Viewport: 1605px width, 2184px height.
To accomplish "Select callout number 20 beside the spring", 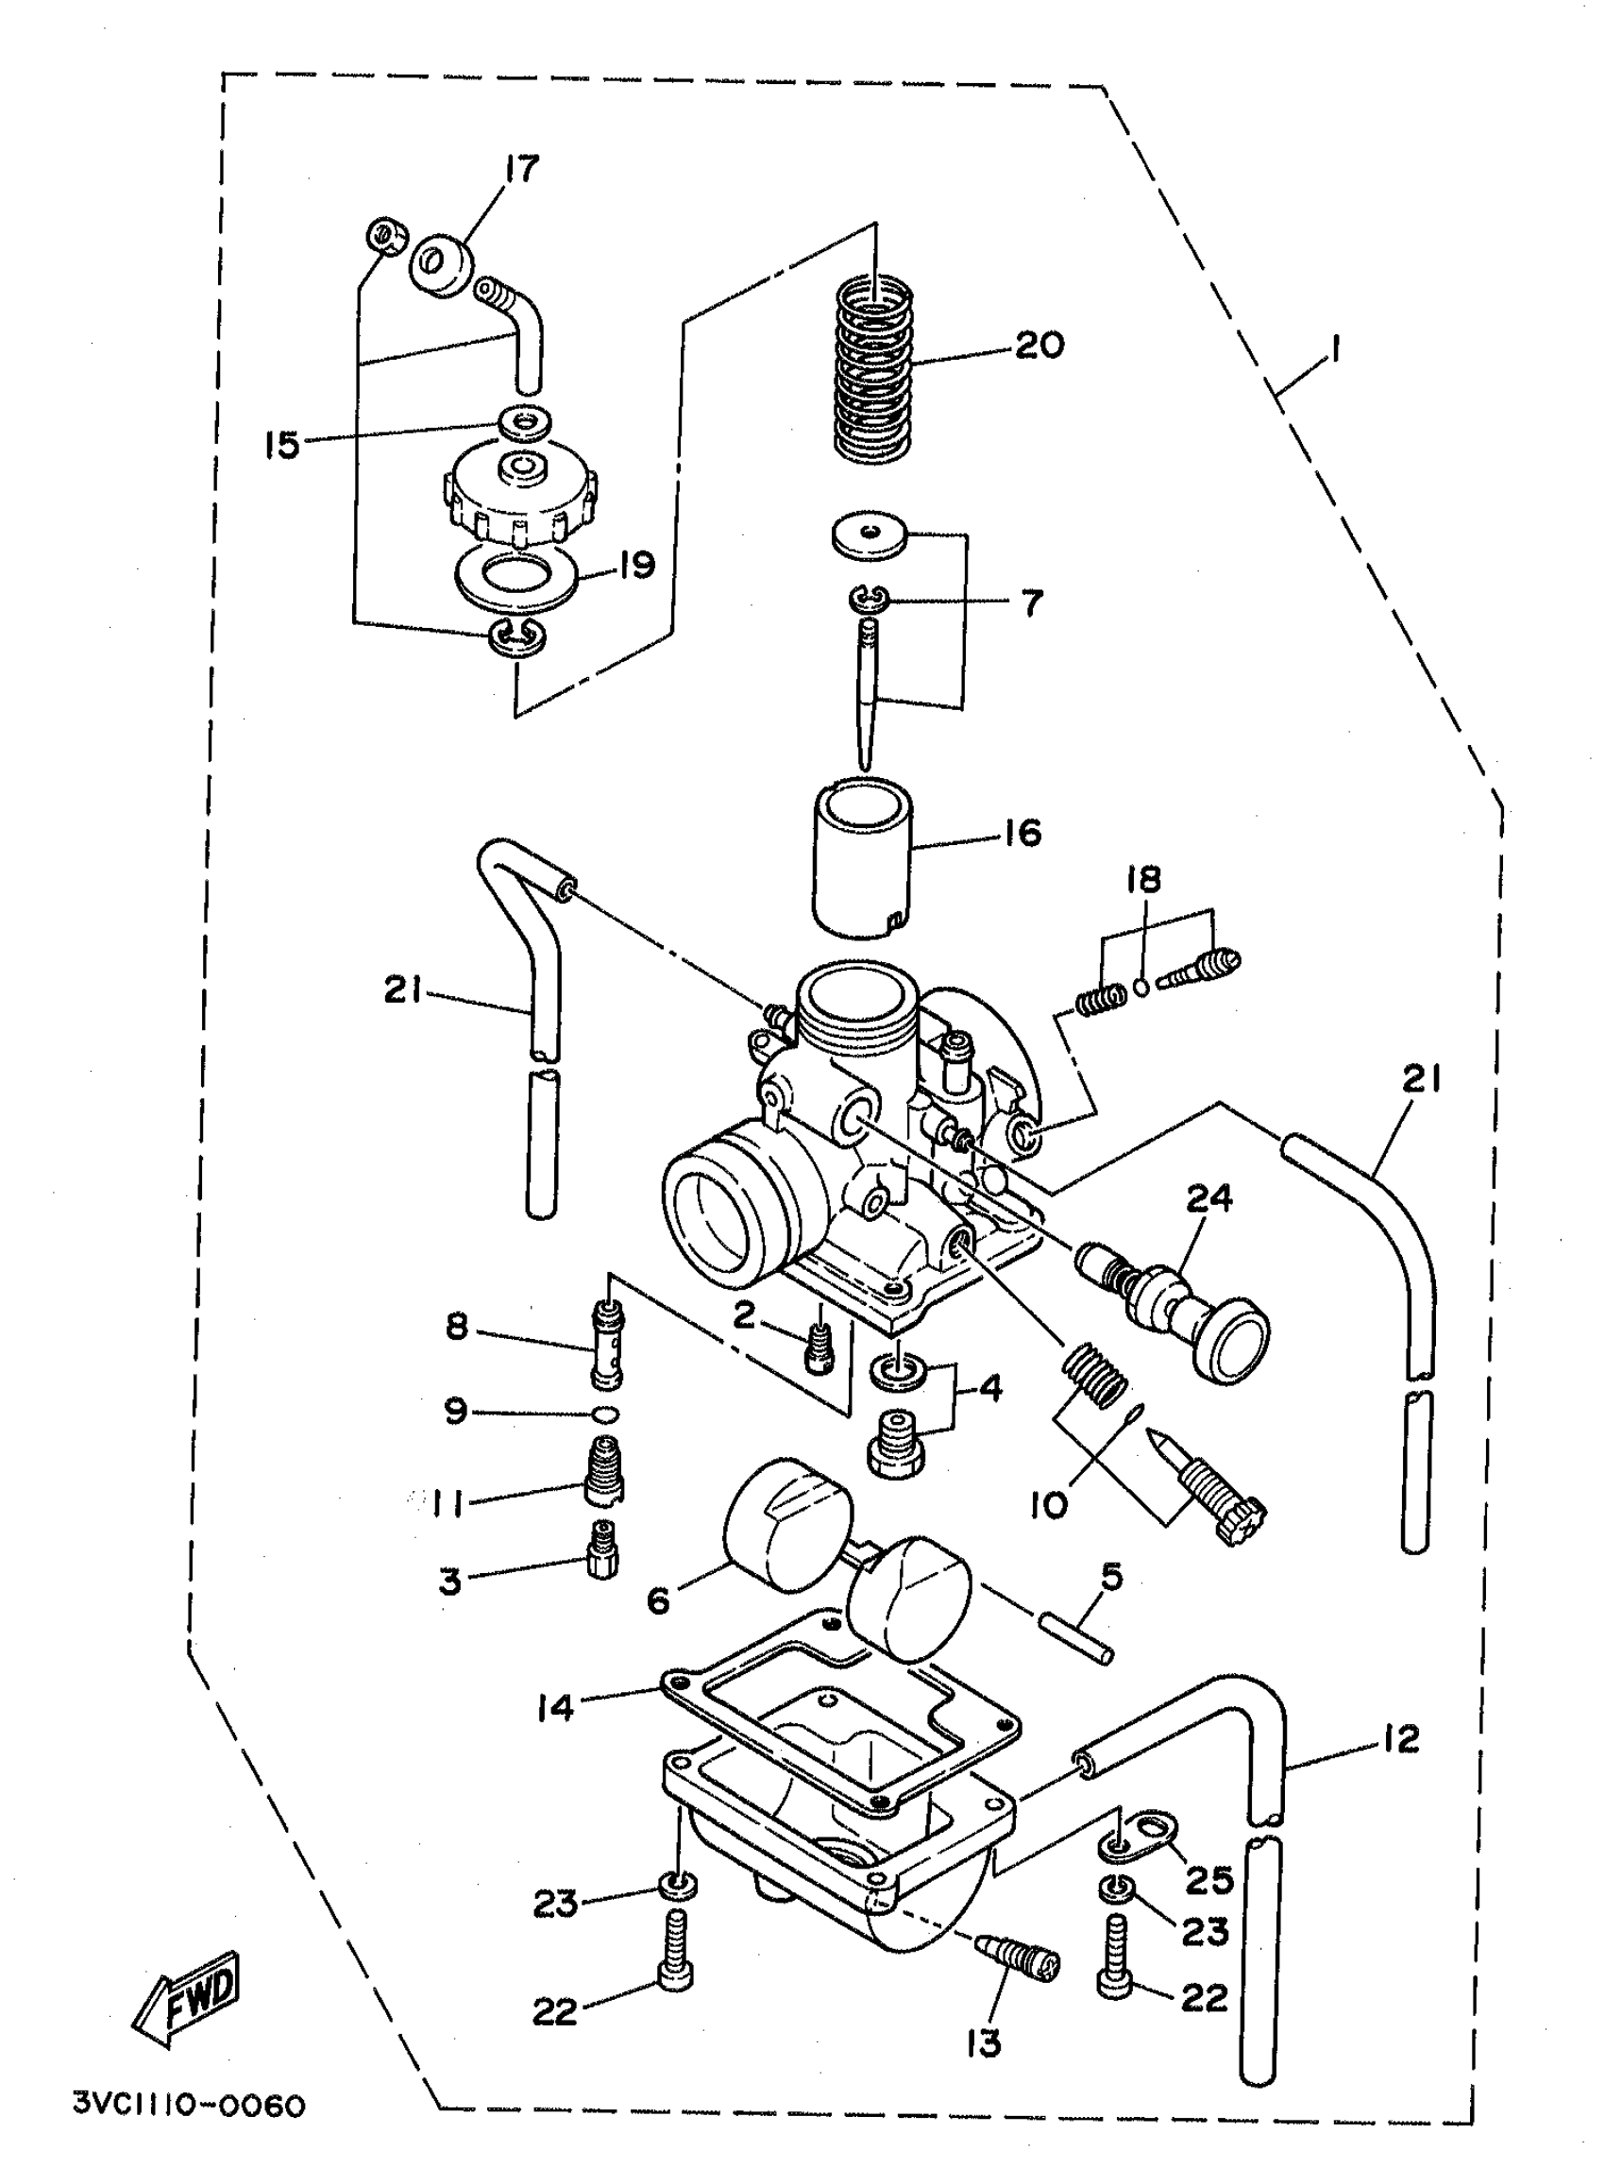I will pyautogui.click(x=1039, y=345).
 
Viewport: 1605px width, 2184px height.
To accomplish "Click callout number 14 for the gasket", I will pyautogui.click(x=556, y=1707).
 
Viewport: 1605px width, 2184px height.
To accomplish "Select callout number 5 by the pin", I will pyautogui.click(x=1110, y=1576).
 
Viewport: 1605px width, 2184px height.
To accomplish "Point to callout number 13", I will pyautogui.click(x=984, y=2043).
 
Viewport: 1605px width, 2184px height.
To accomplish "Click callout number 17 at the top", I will pyautogui.click(x=521, y=169).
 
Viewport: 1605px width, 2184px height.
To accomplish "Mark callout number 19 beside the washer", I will pyautogui.click(x=636, y=565).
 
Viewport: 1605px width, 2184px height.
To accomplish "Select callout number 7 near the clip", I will pyautogui.click(x=1031, y=603).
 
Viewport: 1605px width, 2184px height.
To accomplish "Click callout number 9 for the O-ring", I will pyautogui.click(x=456, y=1412).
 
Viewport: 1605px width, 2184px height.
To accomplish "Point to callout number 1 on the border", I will pyautogui.click(x=1336, y=348).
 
